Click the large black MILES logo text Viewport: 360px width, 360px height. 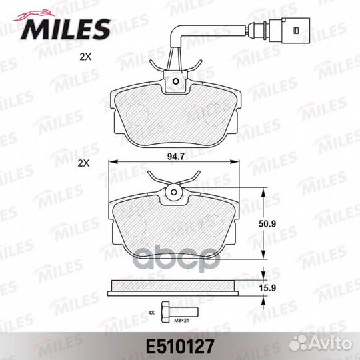tap(65, 29)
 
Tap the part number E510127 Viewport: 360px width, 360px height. tap(180, 347)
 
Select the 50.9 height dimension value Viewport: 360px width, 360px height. tap(267, 224)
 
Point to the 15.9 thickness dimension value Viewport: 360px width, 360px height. tap(267, 288)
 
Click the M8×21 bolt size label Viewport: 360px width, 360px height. tap(181, 321)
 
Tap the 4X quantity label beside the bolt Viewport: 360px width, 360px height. tap(151, 313)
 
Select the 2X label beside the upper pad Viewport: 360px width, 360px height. tap(85, 57)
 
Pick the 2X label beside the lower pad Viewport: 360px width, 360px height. tap(84, 163)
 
